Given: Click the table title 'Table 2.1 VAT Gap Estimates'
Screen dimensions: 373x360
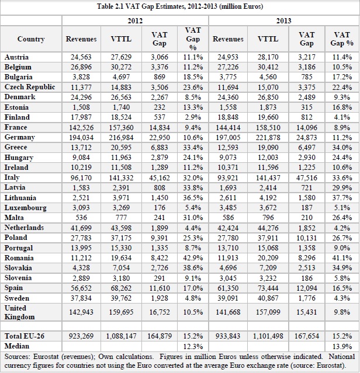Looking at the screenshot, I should [x=179, y=6].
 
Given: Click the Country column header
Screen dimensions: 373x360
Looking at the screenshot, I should [x=31, y=39].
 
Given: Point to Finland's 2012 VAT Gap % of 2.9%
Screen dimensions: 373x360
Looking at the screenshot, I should [x=193, y=117].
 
